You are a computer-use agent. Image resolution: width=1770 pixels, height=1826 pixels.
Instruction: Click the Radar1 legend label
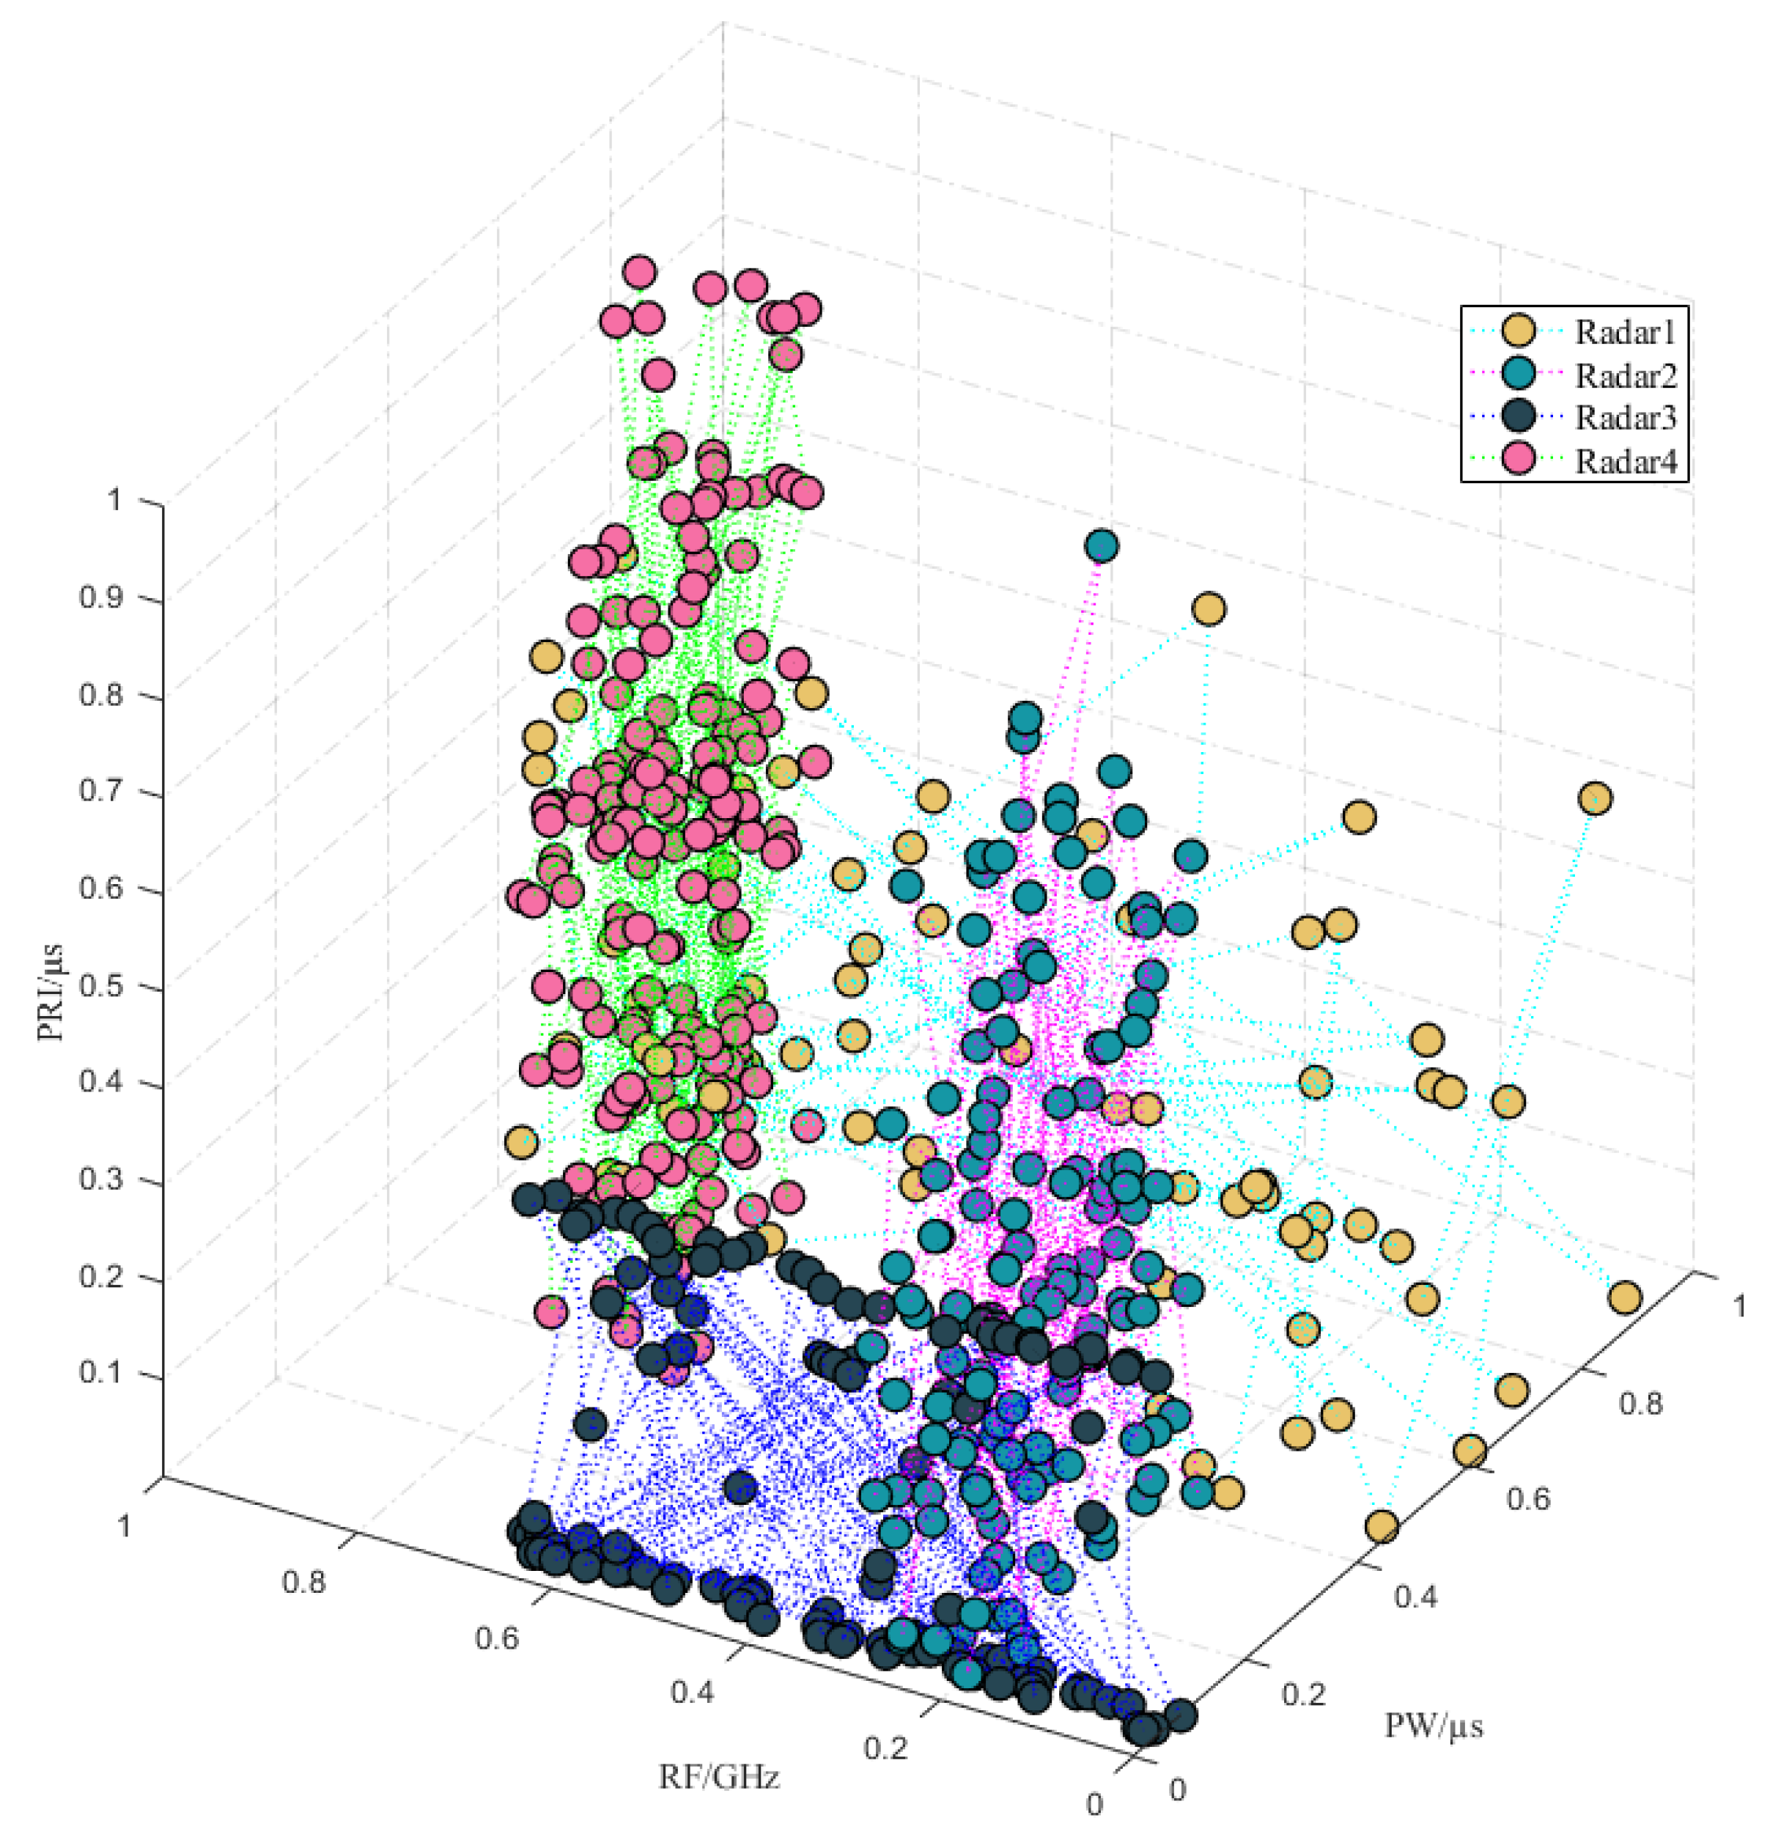1625,331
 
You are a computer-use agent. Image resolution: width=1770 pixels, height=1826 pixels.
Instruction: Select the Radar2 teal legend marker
1519,375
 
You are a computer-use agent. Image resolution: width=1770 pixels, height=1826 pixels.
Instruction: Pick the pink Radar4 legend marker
1519,460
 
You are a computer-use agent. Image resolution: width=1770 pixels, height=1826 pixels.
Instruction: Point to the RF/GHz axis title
718,1778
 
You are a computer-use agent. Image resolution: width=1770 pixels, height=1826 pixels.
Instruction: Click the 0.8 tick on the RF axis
303,1582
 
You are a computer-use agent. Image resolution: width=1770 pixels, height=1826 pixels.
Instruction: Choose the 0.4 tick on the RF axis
692,1692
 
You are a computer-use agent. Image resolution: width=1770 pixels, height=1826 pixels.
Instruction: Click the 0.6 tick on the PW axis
1528,1499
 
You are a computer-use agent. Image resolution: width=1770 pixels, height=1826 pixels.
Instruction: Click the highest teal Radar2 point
1101,546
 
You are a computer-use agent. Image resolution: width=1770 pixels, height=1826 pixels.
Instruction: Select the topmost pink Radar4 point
639,272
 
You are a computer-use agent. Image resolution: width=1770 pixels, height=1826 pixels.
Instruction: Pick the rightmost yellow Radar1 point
1623,1297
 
